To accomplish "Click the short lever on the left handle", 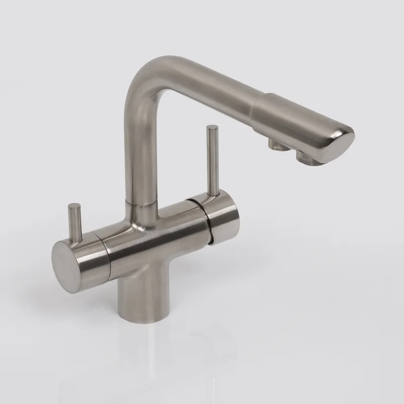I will pos(76,222).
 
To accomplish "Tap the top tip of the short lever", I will pos(74,205).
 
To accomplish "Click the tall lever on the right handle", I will pos(211,162).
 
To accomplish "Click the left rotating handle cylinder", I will pos(91,252).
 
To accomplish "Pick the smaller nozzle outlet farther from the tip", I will pos(276,144).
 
